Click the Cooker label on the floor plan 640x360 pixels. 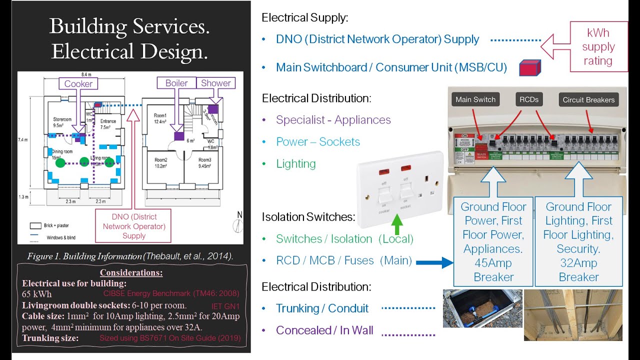coord(78,83)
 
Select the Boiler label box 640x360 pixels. coord(176,83)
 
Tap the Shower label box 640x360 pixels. coord(215,83)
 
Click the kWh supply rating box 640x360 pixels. coord(598,47)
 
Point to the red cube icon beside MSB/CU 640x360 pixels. coord(529,67)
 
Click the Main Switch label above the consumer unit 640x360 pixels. coord(475,99)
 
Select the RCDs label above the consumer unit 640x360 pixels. coord(528,99)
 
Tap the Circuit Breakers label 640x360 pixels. coord(588,99)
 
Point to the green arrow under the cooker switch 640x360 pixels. coord(396,224)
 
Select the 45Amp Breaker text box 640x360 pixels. coord(493,241)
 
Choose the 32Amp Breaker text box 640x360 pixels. coord(578,241)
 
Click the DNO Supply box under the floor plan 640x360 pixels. coord(133,226)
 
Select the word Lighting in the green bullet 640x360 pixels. coord(296,164)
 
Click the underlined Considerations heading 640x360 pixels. coord(131,273)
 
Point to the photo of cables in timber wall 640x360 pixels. coord(573,314)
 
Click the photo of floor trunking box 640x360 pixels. coord(482,308)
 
